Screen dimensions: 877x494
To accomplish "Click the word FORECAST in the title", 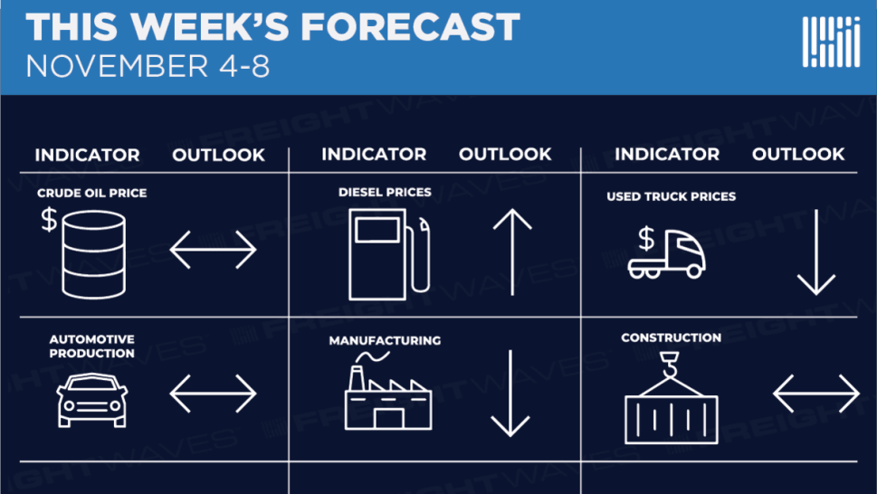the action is [x=411, y=27].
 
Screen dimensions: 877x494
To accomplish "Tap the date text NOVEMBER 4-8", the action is [x=148, y=67].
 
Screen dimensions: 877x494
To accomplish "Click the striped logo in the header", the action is [x=831, y=42].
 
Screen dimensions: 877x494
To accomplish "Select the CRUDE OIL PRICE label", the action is [x=91, y=193].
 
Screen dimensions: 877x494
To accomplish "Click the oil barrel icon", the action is [x=94, y=254].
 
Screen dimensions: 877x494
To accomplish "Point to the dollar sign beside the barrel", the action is [x=49, y=219].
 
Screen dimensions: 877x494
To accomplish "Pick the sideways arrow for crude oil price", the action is [x=213, y=249].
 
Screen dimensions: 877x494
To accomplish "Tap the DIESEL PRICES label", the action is [x=385, y=192].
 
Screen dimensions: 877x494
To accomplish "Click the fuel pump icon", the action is [x=389, y=254].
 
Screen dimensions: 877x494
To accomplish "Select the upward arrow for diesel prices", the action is [x=512, y=252].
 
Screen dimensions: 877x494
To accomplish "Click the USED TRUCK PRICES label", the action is [x=672, y=196].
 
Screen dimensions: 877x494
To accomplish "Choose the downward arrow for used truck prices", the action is [x=816, y=252].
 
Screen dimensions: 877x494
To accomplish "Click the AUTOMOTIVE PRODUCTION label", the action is [x=91, y=346].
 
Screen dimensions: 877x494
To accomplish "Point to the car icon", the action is [x=92, y=400].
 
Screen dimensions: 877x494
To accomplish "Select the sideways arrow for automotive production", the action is [x=213, y=394].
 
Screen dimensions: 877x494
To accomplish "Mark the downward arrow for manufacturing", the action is [x=510, y=394].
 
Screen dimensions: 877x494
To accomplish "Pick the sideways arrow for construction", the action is [x=816, y=394].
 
